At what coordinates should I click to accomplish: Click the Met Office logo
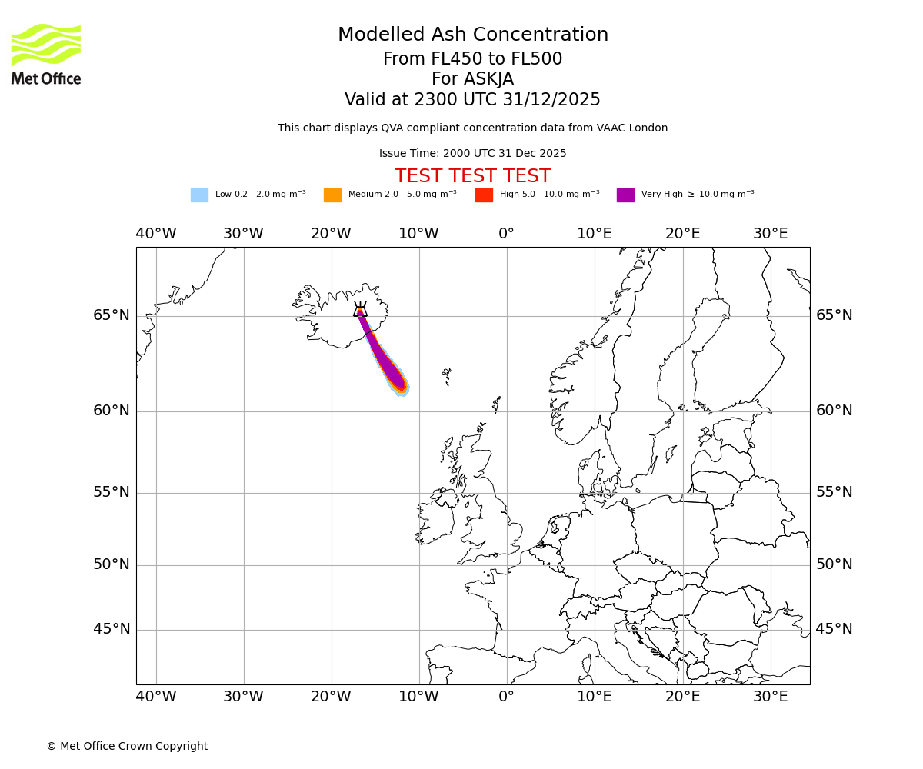[x=46, y=54]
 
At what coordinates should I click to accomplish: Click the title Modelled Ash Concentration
[x=472, y=35]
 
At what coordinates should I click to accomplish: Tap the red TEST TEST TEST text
[x=472, y=176]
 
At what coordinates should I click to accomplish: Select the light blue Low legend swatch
[x=199, y=195]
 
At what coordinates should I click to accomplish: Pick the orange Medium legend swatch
[x=332, y=195]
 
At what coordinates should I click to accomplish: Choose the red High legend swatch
[x=484, y=195]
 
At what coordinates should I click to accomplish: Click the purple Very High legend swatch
[x=625, y=195]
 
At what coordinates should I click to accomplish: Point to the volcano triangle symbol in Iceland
[x=360, y=310]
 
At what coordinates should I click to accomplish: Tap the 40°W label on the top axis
[x=155, y=234]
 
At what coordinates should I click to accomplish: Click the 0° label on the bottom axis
[x=506, y=697]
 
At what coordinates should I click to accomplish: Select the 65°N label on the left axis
[x=112, y=315]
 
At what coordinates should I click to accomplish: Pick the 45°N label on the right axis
[x=834, y=629]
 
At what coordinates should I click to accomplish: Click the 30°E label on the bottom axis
[x=770, y=697]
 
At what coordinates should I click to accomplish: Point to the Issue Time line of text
[x=472, y=153]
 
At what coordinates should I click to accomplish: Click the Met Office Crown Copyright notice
[x=127, y=746]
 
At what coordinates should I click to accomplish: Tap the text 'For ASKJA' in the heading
[x=472, y=79]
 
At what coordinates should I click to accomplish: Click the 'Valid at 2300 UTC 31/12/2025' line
[x=472, y=99]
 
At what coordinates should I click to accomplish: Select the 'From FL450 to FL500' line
[x=472, y=59]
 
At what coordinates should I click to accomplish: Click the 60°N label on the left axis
[x=112, y=411]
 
